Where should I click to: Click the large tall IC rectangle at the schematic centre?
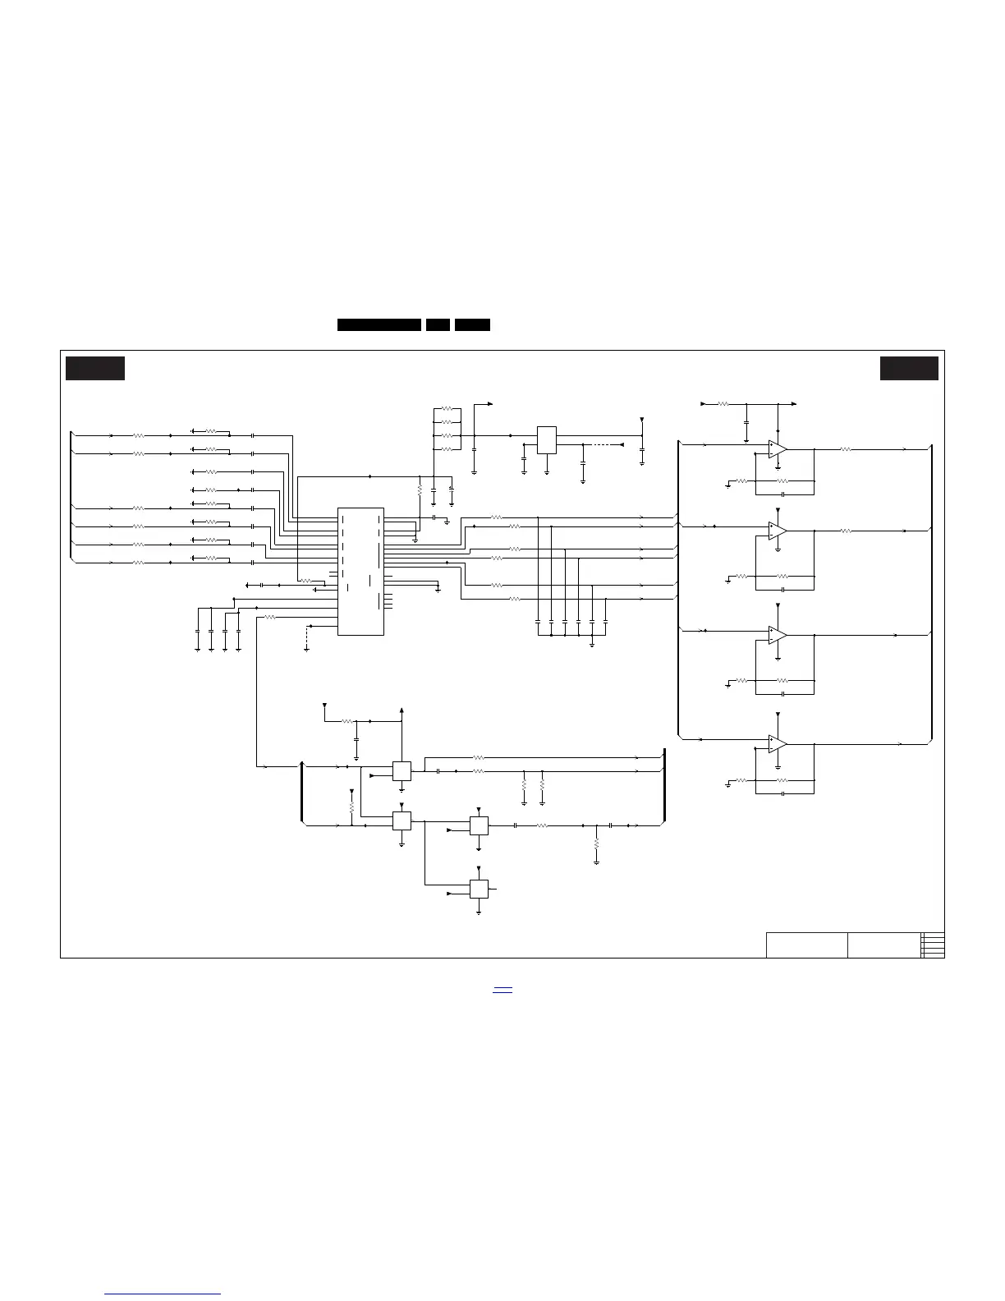pos(360,571)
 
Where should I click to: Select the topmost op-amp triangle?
pos(777,449)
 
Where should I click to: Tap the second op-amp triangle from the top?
pos(777,531)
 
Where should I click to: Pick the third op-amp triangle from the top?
pos(777,635)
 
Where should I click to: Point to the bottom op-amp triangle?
pos(777,744)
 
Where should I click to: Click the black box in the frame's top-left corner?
pos(95,368)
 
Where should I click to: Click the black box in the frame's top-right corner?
pos(909,368)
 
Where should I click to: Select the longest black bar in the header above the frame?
pos(379,324)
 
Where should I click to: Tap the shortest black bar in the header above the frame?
pos(438,324)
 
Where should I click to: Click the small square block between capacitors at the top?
pos(547,439)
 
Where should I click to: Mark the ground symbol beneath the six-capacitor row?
pos(592,644)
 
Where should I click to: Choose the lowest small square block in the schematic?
pos(479,890)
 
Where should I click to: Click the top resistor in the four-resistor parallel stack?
pos(447,407)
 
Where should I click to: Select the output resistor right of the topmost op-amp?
pos(844,449)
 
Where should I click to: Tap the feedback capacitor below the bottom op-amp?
pos(784,793)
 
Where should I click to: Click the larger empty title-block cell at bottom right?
pos(806,945)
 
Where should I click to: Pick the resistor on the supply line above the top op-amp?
pos(723,404)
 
